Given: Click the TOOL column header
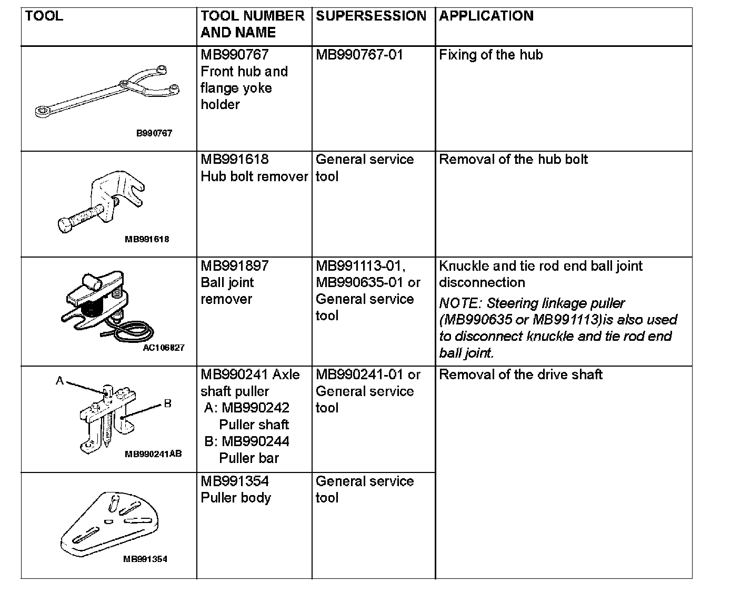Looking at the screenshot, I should point(44,16).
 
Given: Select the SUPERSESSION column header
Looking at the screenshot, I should point(370,16).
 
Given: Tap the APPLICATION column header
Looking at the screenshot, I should point(486,16).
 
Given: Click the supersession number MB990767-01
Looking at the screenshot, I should point(359,55).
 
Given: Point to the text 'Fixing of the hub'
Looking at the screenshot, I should point(490,55).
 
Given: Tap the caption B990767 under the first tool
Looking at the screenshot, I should point(154,133).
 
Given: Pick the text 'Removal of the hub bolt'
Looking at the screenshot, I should point(513,160).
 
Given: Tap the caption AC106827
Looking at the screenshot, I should point(164,348).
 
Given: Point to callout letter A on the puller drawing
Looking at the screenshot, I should point(60,380).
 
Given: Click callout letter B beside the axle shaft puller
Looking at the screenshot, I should point(167,404).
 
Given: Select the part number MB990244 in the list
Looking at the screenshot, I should point(255,441).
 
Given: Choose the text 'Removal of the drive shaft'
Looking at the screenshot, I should point(520,375).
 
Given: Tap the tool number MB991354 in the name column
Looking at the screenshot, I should point(235,481).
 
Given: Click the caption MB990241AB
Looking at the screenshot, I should point(153,454).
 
